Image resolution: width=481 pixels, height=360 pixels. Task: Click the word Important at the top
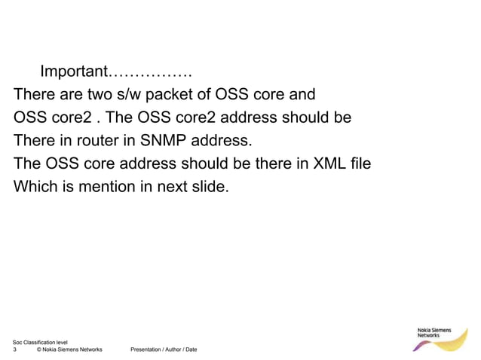coord(72,72)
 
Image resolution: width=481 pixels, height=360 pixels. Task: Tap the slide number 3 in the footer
coord(16,349)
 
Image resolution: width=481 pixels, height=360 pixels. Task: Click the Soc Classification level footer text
coord(40,343)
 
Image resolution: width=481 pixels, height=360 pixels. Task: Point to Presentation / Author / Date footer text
coord(164,349)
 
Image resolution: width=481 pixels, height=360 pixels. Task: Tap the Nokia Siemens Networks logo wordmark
coord(435,332)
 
